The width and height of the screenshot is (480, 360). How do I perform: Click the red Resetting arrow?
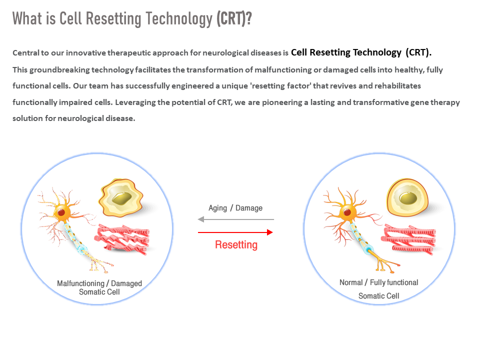[x=235, y=232]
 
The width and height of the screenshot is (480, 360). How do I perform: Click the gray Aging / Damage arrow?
[x=235, y=219]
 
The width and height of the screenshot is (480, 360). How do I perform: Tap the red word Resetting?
[x=236, y=245]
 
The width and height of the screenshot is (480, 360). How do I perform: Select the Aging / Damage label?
[x=235, y=208]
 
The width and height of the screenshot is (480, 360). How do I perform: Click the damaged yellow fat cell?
[x=120, y=198]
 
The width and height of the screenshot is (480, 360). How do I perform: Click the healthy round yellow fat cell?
[x=407, y=198]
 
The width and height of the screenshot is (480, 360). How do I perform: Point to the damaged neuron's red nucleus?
[x=61, y=212]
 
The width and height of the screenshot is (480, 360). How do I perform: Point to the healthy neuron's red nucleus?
[x=347, y=212]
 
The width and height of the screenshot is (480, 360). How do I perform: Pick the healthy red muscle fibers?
[x=408, y=239]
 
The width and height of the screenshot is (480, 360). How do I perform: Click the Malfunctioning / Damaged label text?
[x=99, y=283]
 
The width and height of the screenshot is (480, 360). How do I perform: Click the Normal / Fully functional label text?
[x=378, y=282]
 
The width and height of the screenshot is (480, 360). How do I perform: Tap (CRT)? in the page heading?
[x=234, y=18]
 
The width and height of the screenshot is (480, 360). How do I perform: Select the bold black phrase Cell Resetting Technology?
[x=346, y=52]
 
